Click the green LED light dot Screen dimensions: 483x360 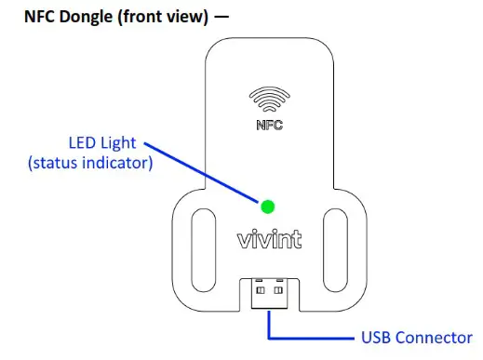pos(268,207)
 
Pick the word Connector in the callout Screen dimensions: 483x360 pos(434,337)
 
